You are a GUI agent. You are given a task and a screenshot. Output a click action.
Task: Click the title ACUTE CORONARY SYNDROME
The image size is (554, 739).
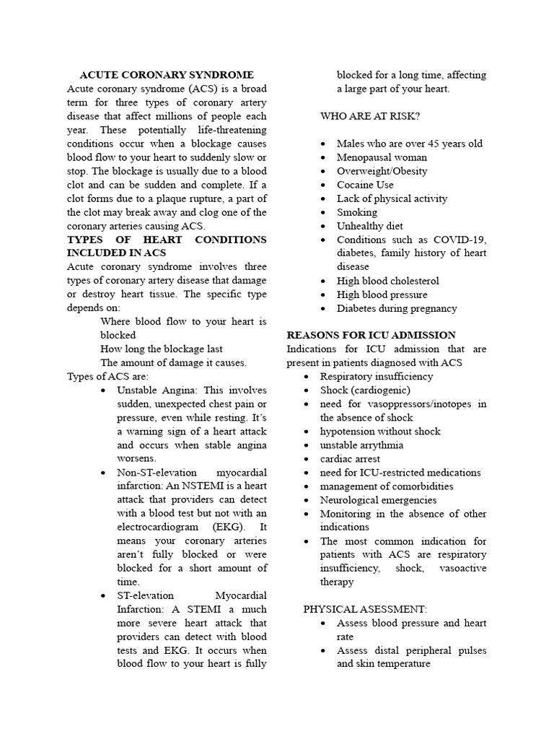tap(166, 74)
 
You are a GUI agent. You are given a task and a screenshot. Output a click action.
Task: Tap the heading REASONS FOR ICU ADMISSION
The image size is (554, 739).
tap(371, 335)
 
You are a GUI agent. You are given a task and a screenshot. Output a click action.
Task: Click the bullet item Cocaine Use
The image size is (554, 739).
tap(365, 185)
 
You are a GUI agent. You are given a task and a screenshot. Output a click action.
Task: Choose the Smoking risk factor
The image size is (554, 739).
tap(356, 212)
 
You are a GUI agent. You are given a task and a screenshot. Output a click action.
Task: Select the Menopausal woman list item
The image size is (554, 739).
tap(382, 157)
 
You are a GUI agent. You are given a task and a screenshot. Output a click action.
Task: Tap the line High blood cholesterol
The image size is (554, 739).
tap(387, 281)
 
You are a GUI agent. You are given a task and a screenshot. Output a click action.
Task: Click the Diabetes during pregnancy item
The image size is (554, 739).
tap(397, 308)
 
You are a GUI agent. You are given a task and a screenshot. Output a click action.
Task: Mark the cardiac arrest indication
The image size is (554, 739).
tap(350, 458)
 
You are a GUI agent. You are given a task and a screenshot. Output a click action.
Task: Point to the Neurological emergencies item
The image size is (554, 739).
tap(378, 499)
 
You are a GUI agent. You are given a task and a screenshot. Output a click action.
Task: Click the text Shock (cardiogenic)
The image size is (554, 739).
tap(365, 390)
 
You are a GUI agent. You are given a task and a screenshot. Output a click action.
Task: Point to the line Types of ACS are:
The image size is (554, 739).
tap(107, 376)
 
